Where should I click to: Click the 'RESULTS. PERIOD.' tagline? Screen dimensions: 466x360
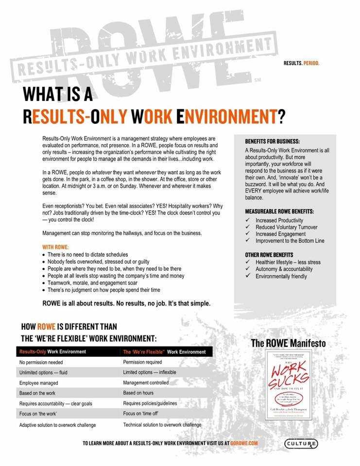pyautogui.click(x=301, y=64)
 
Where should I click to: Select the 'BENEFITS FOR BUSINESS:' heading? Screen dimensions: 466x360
pyautogui.click(x=272, y=141)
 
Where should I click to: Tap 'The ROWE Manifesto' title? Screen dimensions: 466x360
pyautogui.click(x=288, y=343)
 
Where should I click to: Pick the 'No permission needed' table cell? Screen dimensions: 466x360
pyautogui.click(x=41, y=362)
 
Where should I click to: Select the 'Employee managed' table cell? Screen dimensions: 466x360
pyautogui.click(x=39, y=383)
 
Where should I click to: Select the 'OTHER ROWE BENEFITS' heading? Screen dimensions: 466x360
pyautogui.click(x=269, y=255)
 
